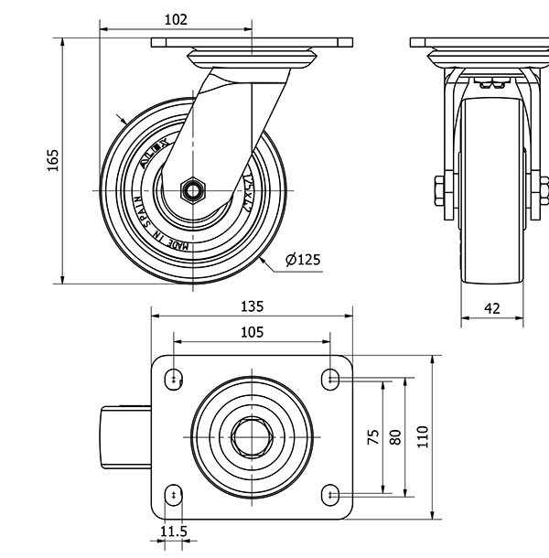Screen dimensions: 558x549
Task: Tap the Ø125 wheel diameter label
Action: (303, 260)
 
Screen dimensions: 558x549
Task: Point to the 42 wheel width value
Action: (491, 308)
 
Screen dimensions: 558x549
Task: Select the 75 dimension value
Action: (373, 436)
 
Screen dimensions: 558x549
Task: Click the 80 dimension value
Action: (395, 436)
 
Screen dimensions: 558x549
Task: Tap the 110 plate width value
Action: (422, 436)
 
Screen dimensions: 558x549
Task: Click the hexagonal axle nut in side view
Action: (193, 190)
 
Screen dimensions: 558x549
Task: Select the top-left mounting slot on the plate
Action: (174, 377)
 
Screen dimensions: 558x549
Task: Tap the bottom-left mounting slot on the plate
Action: (174, 495)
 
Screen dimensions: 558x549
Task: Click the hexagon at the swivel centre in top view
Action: (250, 436)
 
